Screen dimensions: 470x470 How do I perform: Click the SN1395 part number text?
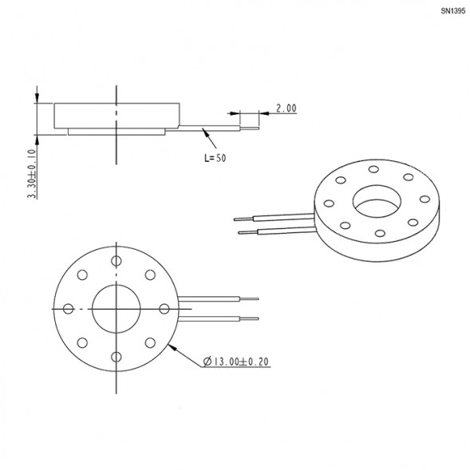pyautogui.click(x=453, y=11)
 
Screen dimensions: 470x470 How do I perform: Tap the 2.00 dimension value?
pyautogui.click(x=286, y=109)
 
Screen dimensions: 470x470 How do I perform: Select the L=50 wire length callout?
pyautogui.click(x=215, y=158)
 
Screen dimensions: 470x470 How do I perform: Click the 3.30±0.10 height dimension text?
pyautogui.click(x=33, y=174)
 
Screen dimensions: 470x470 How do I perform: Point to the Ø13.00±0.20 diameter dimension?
pyautogui.click(x=236, y=361)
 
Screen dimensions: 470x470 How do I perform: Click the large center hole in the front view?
pyautogui.click(x=116, y=309)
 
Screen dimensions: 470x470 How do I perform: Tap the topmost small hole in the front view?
pyautogui.click(x=116, y=261)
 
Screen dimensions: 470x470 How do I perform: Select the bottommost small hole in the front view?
pyautogui.click(x=116, y=357)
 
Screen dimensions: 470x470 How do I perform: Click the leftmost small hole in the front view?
pyautogui.click(x=68, y=309)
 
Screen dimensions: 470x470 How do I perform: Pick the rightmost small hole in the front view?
pyautogui.click(x=164, y=309)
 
